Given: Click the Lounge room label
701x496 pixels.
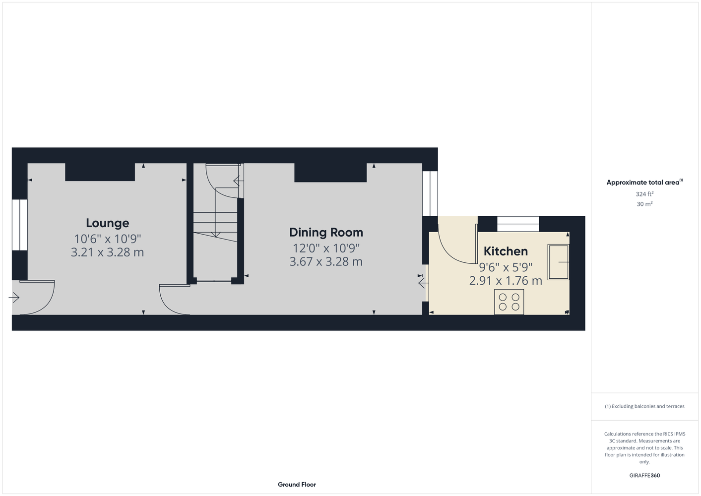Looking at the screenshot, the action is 107,223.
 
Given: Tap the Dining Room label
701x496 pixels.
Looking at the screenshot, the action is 326,233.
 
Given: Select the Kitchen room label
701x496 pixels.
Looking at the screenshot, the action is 506,251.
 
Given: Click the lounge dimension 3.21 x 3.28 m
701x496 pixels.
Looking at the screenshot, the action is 107,252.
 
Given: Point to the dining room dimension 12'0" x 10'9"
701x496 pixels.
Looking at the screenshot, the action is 326,248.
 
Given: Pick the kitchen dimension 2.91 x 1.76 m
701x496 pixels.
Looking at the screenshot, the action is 506,281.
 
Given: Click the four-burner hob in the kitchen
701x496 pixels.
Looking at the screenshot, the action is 509,302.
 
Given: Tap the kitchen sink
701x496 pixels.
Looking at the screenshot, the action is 558,262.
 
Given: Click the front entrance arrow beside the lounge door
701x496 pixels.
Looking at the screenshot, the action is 14,297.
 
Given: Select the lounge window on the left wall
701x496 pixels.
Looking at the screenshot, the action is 20,225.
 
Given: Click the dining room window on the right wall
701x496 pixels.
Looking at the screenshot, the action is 430,193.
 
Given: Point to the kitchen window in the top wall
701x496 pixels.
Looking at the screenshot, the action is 518,224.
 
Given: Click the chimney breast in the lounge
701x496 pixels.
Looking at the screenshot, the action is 100,172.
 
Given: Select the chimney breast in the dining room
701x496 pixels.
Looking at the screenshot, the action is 330,173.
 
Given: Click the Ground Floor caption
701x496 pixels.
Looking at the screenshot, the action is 297,485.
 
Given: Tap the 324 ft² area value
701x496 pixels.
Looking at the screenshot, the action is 644,194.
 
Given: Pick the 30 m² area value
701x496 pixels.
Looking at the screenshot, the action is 644,204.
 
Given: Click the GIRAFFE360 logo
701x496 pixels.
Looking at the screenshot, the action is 644,476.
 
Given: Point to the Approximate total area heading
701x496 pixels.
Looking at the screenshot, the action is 644,182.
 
